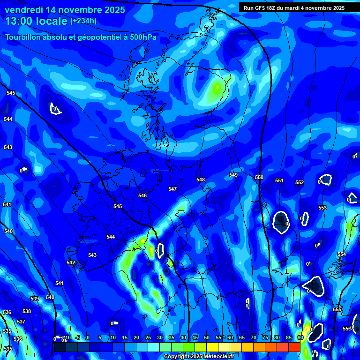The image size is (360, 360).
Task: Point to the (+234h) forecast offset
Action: coord(83,21)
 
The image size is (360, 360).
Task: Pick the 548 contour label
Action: coord(201,180)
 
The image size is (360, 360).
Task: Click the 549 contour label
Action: coord(233,175)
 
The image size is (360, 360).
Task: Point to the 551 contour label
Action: coord(279,180)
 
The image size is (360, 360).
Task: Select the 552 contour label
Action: coord(300,182)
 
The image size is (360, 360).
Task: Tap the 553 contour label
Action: coord(322,208)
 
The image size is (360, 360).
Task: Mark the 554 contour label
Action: coord(342,254)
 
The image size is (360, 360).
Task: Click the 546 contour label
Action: coord(142,195)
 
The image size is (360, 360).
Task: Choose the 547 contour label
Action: coord(172,189)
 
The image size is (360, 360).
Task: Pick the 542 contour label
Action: coord(71,262)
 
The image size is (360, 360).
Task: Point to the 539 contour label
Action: coord(35,299)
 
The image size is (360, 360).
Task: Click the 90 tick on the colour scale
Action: coord(300,338)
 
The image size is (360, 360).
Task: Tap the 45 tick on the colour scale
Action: coord(195,338)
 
